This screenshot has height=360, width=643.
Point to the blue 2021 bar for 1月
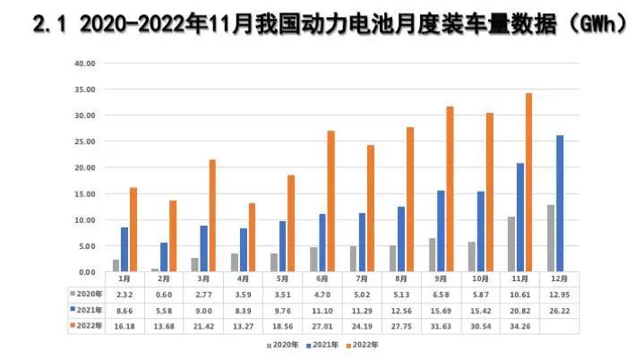coord(124,249)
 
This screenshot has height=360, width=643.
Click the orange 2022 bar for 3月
coord(212,215)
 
